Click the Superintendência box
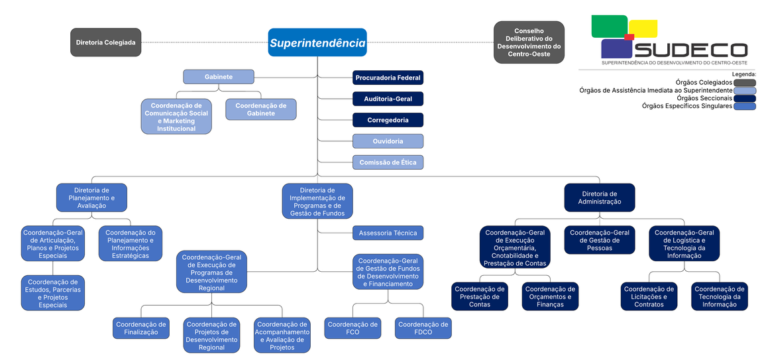[x=317, y=42]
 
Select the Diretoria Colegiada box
[x=106, y=42]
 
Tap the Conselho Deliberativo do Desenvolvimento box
[x=529, y=42]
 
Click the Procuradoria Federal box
[x=388, y=78]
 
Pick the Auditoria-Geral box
[x=388, y=99]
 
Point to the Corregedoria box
[x=388, y=120]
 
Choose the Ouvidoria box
[x=388, y=141]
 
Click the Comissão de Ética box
[x=388, y=162]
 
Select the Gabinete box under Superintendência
[x=218, y=77]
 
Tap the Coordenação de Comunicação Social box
[x=176, y=117]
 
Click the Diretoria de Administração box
[x=600, y=198]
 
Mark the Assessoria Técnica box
[x=388, y=233]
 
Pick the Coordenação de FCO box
[x=353, y=328]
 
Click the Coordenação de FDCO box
[x=423, y=328]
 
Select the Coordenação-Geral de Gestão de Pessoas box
[x=600, y=240]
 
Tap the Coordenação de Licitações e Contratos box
[x=649, y=296]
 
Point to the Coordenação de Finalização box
[x=141, y=328]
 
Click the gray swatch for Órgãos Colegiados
[x=744, y=83]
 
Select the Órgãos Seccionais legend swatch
[x=744, y=98]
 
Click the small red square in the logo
[x=629, y=36]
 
